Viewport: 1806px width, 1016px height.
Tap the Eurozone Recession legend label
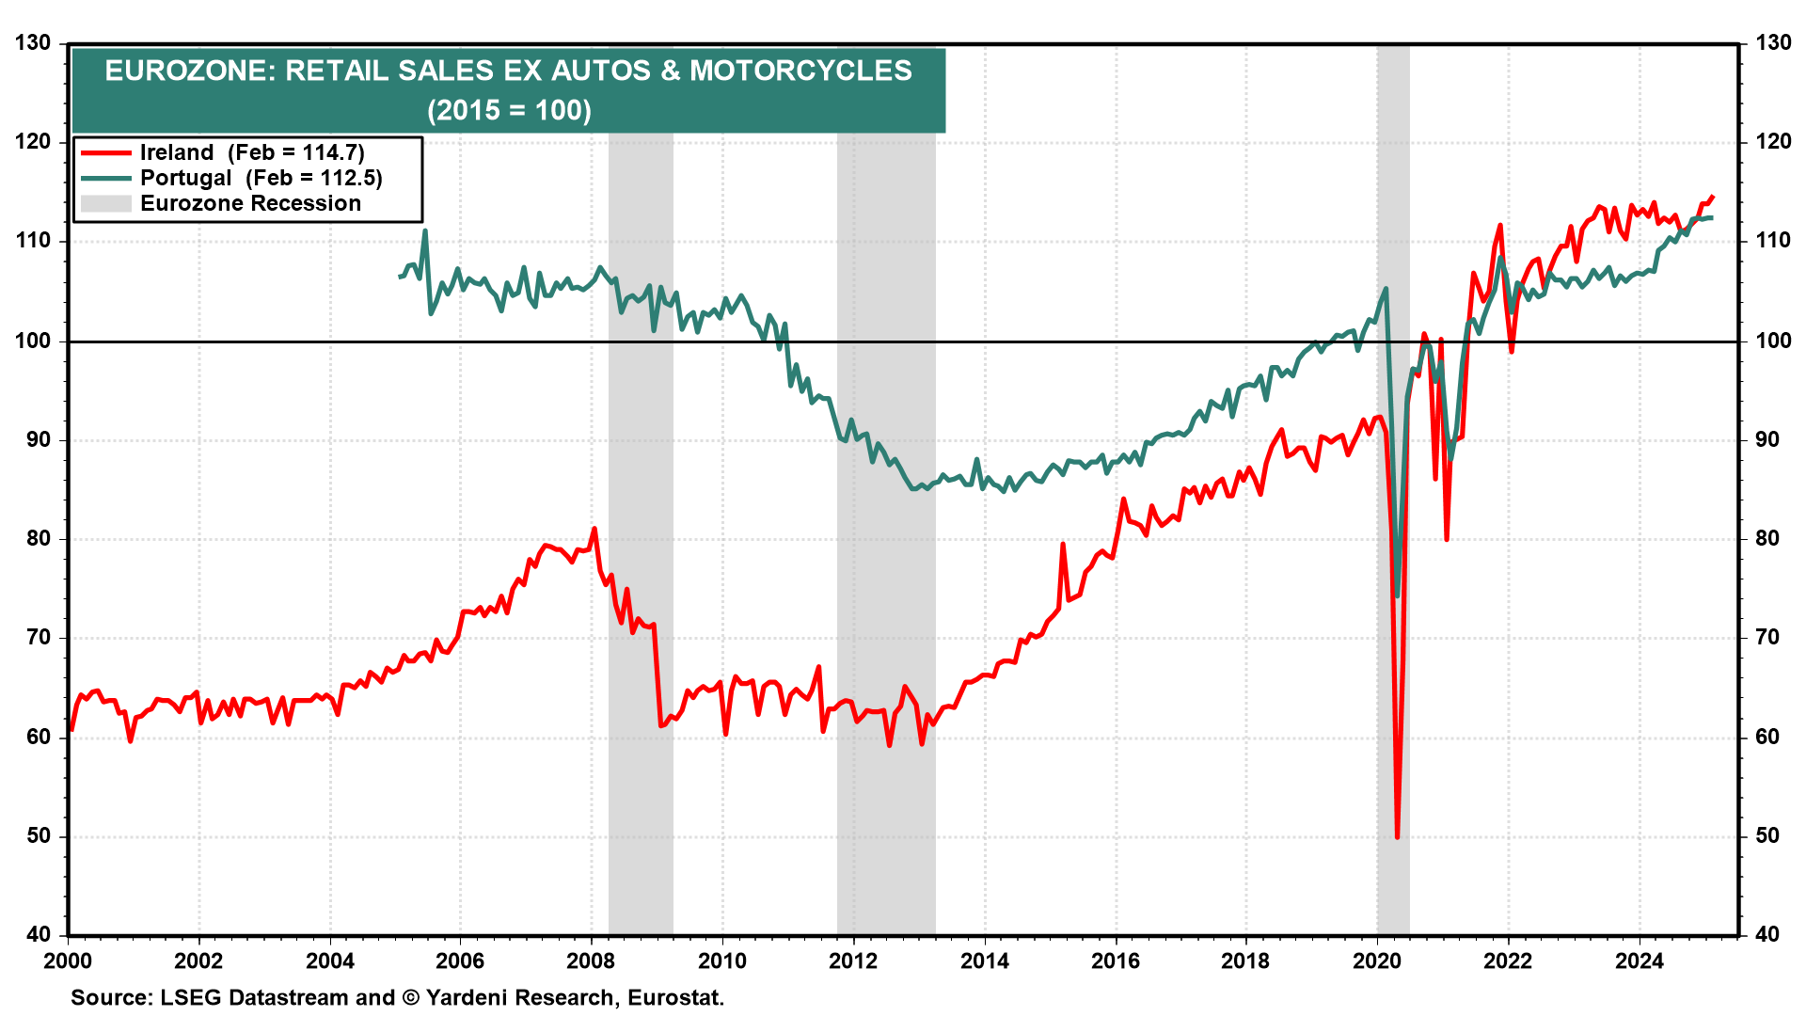pos(250,203)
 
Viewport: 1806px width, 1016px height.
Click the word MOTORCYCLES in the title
pos(800,71)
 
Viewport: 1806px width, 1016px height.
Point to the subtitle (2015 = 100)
pos(509,110)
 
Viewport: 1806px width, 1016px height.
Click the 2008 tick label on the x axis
pos(591,960)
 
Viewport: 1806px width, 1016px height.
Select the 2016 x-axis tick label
pos(1115,960)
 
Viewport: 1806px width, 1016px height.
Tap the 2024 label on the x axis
pos(1639,960)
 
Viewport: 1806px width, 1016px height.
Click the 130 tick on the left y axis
pos(34,43)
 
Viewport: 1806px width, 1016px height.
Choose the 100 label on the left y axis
pos(34,341)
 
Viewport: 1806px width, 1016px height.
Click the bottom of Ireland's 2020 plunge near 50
pos(1397,836)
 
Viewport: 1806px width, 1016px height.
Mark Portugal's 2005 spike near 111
pos(425,230)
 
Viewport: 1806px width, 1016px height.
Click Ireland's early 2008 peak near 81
pos(594,529)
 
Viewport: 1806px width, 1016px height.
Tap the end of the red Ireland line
pos(1712,196)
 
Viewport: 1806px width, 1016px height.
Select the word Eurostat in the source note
pos(674,997)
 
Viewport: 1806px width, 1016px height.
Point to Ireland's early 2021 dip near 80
pos(1447,539)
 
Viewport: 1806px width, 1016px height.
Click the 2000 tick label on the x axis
pos(68,960)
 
